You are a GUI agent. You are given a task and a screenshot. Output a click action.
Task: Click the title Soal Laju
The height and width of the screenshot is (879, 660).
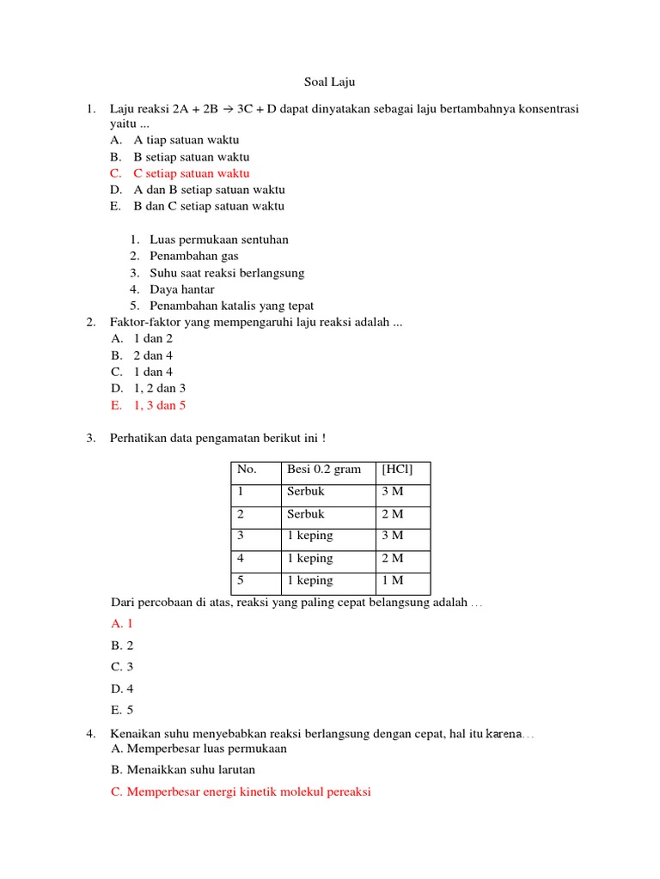pos(329,82)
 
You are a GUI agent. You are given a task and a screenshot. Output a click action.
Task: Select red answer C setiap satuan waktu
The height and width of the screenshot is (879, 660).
pos(191,173)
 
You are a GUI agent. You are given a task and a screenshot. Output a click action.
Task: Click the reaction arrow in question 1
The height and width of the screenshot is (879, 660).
pos(225,110)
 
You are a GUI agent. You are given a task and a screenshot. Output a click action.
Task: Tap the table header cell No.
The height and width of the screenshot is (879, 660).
pos(247,470)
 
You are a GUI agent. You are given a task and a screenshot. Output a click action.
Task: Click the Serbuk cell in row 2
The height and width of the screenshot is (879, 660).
pos(306,514)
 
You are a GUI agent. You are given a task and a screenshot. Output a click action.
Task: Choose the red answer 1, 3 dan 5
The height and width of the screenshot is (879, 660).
pos(159,405)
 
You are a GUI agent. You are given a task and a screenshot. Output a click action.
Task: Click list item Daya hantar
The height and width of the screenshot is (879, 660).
pos(181,289)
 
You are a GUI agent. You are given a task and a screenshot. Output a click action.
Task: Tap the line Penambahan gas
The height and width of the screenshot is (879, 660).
pos(193,256)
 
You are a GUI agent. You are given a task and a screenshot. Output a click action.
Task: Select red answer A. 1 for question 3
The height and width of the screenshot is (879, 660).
pos(122,624)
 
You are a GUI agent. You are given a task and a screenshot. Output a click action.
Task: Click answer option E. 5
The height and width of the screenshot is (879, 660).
pos(122,710)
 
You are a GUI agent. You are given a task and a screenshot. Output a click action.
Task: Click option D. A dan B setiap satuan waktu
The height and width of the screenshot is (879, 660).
pos(208,190)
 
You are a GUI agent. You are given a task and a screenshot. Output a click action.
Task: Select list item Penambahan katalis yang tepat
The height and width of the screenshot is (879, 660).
pos(231,306)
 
